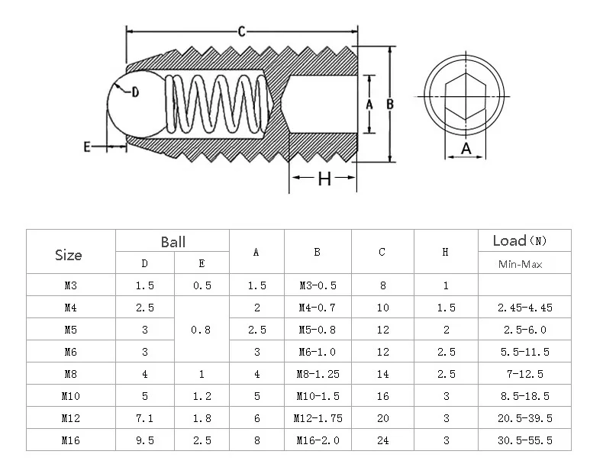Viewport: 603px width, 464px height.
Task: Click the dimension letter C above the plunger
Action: click(240, 31)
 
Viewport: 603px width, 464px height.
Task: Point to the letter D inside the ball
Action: click(134, 92)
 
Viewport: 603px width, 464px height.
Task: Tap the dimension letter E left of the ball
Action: click(87, 147)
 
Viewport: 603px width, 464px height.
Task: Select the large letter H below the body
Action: click(324, 179)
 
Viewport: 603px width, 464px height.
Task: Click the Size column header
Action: click(69, 255)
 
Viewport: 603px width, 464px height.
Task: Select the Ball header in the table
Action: click(173, 242)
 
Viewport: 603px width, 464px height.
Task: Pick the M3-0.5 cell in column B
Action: click(317, 285)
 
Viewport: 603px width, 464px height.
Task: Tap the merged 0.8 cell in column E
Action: click(202, 330)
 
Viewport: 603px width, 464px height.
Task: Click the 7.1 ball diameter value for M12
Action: click(145, 418)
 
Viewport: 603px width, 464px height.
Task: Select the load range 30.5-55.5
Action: click(524, 440)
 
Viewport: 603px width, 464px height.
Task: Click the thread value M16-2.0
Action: click(317, 440)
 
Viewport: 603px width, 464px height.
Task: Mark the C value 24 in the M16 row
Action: click(382, 440)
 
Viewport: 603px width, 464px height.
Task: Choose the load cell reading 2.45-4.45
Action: click(524, 308)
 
